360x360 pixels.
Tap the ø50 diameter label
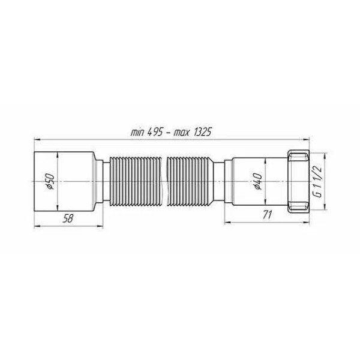(x=52, y=181)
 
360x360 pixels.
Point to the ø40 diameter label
(x=256, y=181)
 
